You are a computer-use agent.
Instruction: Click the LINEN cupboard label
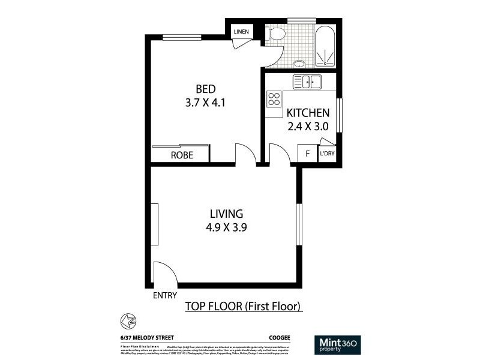[x=241, y=32]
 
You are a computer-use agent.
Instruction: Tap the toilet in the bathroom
[x=275, y=34]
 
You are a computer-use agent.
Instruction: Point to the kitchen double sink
[x=307, y=82]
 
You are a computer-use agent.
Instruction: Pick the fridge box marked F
[x=307, y=154]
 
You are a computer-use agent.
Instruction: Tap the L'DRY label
[x=327, y=154]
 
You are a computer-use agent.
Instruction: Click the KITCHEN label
[x=307, y=113]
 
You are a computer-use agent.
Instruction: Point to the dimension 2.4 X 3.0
[x=307, y=127]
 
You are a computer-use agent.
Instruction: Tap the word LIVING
[x=226, y=214]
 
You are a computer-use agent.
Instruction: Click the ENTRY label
[x=166, y=296]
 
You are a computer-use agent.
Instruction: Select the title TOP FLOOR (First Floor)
[x=243, y=307]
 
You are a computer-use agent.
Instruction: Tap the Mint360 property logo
[x=337, y=344]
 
